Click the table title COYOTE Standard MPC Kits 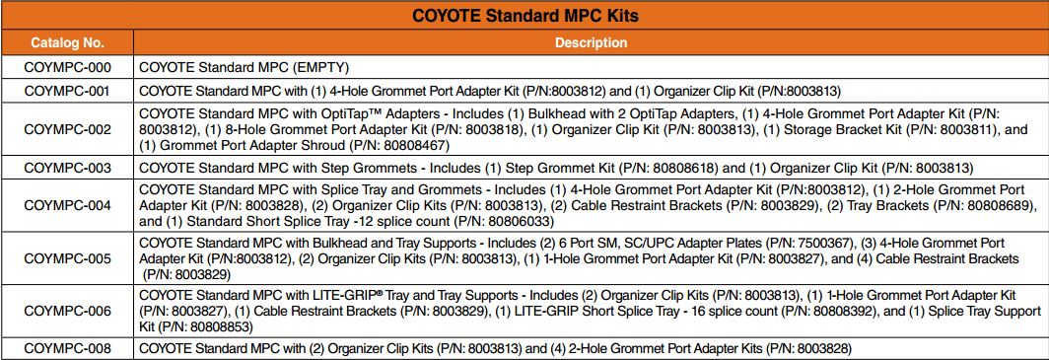[524, 17]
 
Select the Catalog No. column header [67, 43]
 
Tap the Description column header [591, 43]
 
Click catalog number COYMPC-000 [67, 68]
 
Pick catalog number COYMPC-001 [67, 91]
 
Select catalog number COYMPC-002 [67, 129]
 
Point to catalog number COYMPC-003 [67, 168]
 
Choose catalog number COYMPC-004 [67, 206]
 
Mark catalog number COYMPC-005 [67, 257]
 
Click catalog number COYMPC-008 [67, 348]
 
